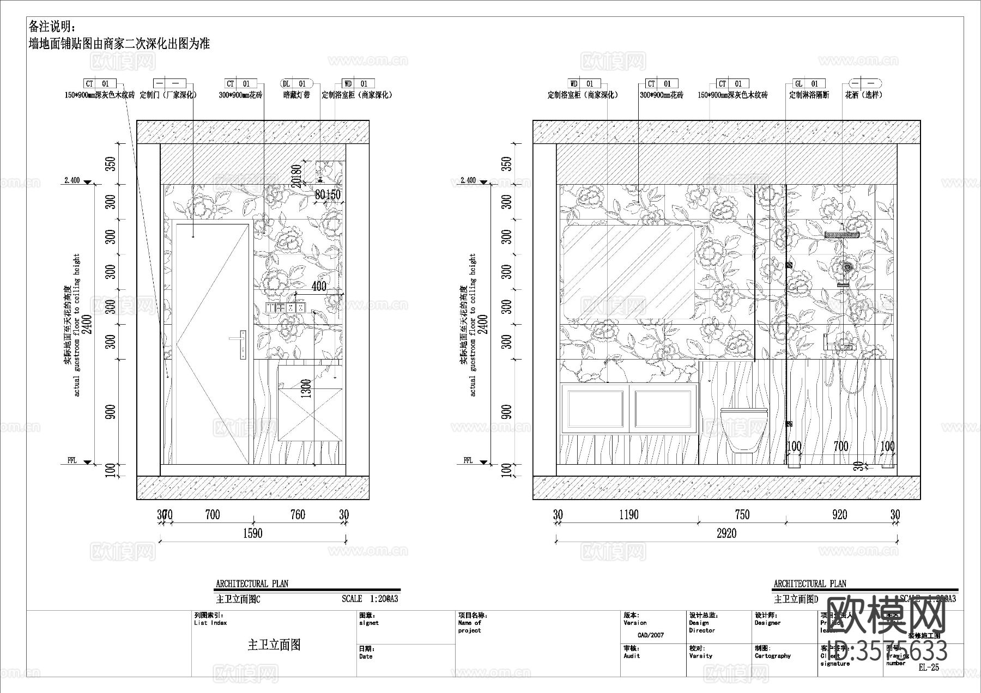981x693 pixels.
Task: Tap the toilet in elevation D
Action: (x=743, y=428)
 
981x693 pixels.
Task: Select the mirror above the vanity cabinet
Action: (x=628, y=272)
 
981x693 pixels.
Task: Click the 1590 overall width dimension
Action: (x=252, y=533)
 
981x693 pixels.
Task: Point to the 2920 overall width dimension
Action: (x=726, y=533)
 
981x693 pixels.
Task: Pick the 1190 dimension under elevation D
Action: (x=628, y=515)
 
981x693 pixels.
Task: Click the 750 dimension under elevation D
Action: (x=742, y=515)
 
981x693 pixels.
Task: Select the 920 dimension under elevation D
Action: (x=840, y=515)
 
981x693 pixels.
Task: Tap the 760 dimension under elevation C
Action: (x=298, y=515)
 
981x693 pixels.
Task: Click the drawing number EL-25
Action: (x=929, y=667)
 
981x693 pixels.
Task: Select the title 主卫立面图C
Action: (x=238, y=599)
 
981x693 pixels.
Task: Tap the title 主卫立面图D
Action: (x=796, y=599)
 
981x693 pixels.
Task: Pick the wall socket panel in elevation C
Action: (x=284, y=308)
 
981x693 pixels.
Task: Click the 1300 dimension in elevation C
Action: (x=306, y=388)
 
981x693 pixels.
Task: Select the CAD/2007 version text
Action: (x=651, y=635)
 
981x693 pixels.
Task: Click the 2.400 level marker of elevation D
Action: (x=468, y=180)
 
